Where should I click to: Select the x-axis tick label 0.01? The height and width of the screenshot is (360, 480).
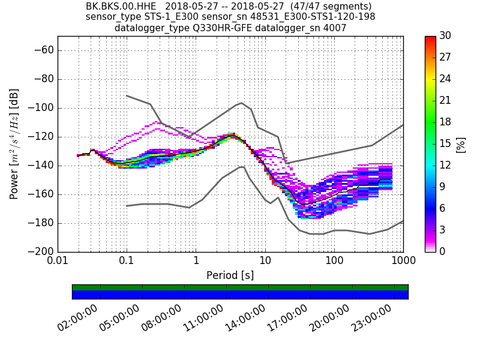(x=58, y=262)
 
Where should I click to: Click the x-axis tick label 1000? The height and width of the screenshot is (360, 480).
(x=403, y=262)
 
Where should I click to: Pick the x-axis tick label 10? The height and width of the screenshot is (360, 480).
(x=265, y=262)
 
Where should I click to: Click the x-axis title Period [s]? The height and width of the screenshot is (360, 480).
(x=230, y=275)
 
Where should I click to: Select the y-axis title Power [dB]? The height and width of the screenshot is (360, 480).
(x=14, y=144)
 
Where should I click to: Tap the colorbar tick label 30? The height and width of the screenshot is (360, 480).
(x=445, y=36)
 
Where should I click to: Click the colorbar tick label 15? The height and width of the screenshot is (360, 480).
(x=445, y=143)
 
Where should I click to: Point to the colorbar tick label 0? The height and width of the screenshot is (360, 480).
(x=443, y=251)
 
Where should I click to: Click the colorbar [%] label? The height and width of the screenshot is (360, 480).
(x=461, y=144)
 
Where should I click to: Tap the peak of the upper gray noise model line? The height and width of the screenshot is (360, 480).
(x=241, y=103)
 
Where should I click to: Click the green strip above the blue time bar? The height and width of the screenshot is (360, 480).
(x=240, y=287)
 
